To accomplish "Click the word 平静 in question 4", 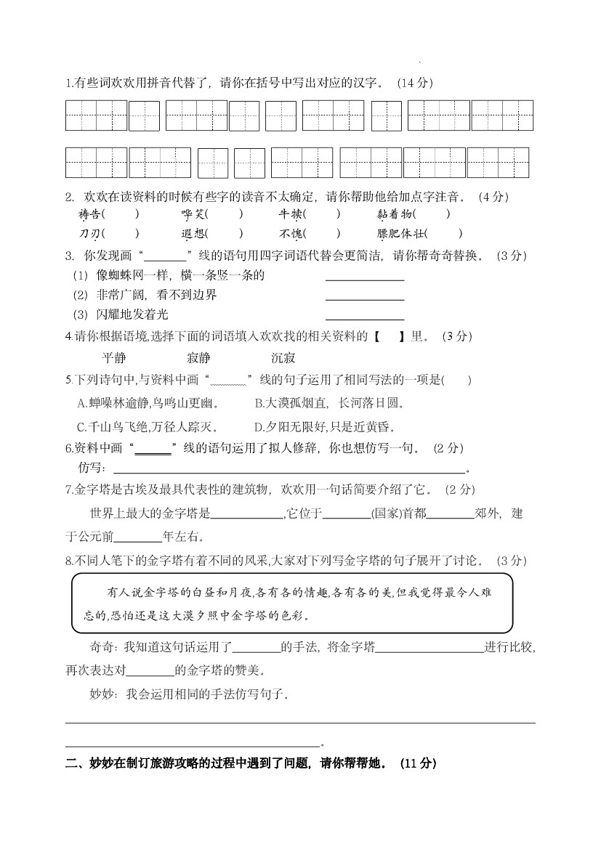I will (x=114, y=358).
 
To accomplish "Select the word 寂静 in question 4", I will (x=198, y=358).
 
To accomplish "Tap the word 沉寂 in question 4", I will (x=283, y=358).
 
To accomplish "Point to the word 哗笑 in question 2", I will (x=193, y=214).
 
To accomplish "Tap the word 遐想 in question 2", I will (x=193, y=234).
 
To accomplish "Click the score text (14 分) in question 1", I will (x=415, y=83).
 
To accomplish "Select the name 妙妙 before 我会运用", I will (x=100, y=695).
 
